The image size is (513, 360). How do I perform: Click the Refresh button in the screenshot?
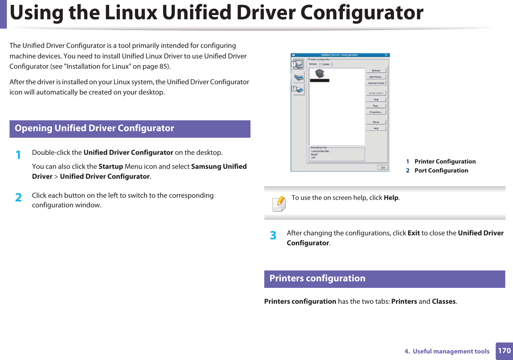tap(376, 71)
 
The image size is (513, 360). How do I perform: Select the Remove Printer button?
tap(376, 83)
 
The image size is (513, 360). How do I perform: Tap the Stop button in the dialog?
tap(376, 99)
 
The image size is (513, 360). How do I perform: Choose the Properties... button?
tap(376, 112)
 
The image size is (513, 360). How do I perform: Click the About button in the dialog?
tap(376, 122)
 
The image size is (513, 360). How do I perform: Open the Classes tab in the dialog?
tap(325, 64)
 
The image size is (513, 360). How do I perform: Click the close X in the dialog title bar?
tap(386, 55)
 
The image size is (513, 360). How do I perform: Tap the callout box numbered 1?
tap(293, 64)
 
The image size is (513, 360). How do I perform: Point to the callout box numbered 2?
tap(293, 89)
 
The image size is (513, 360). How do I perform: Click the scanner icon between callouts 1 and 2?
tap(299, 77)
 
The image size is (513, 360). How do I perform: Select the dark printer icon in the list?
tap(320, 74)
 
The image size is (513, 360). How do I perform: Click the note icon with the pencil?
tap(279, 204)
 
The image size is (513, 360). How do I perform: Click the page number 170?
tap(504, 351)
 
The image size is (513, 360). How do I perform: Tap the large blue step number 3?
tap(273, 236)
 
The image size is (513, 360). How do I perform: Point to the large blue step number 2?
tap(18, 198)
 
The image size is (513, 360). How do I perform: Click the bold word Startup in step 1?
tap(111, 167)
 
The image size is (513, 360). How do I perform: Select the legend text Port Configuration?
tap(441, 171)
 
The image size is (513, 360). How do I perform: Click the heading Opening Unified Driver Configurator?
tap(94, 128)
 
